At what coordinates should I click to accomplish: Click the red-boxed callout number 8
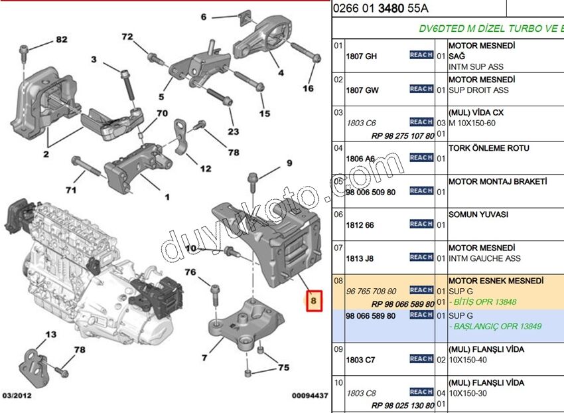[x=314, y=302]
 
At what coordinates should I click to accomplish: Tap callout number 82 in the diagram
[x=61, y=41]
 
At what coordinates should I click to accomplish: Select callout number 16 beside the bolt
[x=308, y=88]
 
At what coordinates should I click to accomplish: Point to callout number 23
[x=232, y=131]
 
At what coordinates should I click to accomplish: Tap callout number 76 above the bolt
[x=190, y=272]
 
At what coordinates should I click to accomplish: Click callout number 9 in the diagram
[x=289, y=162]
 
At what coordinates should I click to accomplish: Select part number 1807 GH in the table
[x=361, y=56]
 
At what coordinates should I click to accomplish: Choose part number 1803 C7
[x=360, y=360]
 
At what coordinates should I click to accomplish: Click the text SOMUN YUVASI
[x=478, y=214]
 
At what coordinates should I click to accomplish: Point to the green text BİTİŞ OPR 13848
[x=484, y=302]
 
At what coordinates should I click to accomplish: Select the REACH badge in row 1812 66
[x=421, y=224]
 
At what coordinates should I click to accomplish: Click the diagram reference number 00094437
[x=310, y=396]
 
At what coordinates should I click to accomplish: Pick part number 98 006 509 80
[x=370, y=193]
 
